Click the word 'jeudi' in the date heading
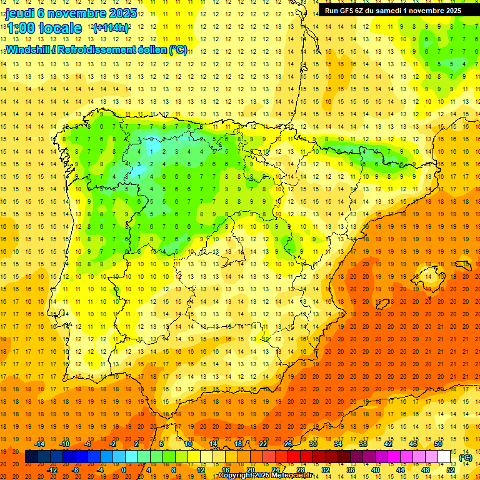coord(21,12)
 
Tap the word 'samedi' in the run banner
coord(398,11)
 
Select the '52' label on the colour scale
coord(451,470)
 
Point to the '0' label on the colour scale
coord(123,470)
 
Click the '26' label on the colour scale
coord(288,444)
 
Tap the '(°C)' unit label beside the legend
coord(465,457)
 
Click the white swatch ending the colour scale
coord(444,457)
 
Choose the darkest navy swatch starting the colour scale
coord(31,457)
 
